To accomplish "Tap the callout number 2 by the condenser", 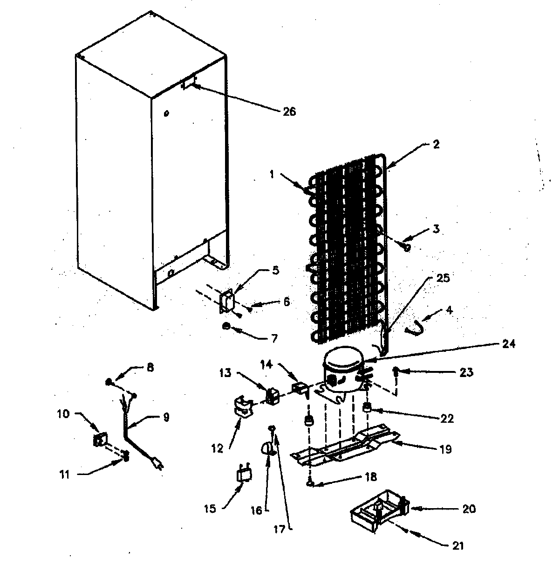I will (435, 144).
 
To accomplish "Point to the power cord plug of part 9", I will (158, 463).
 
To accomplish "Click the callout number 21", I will (458, 545).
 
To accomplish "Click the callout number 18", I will (371, 477).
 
